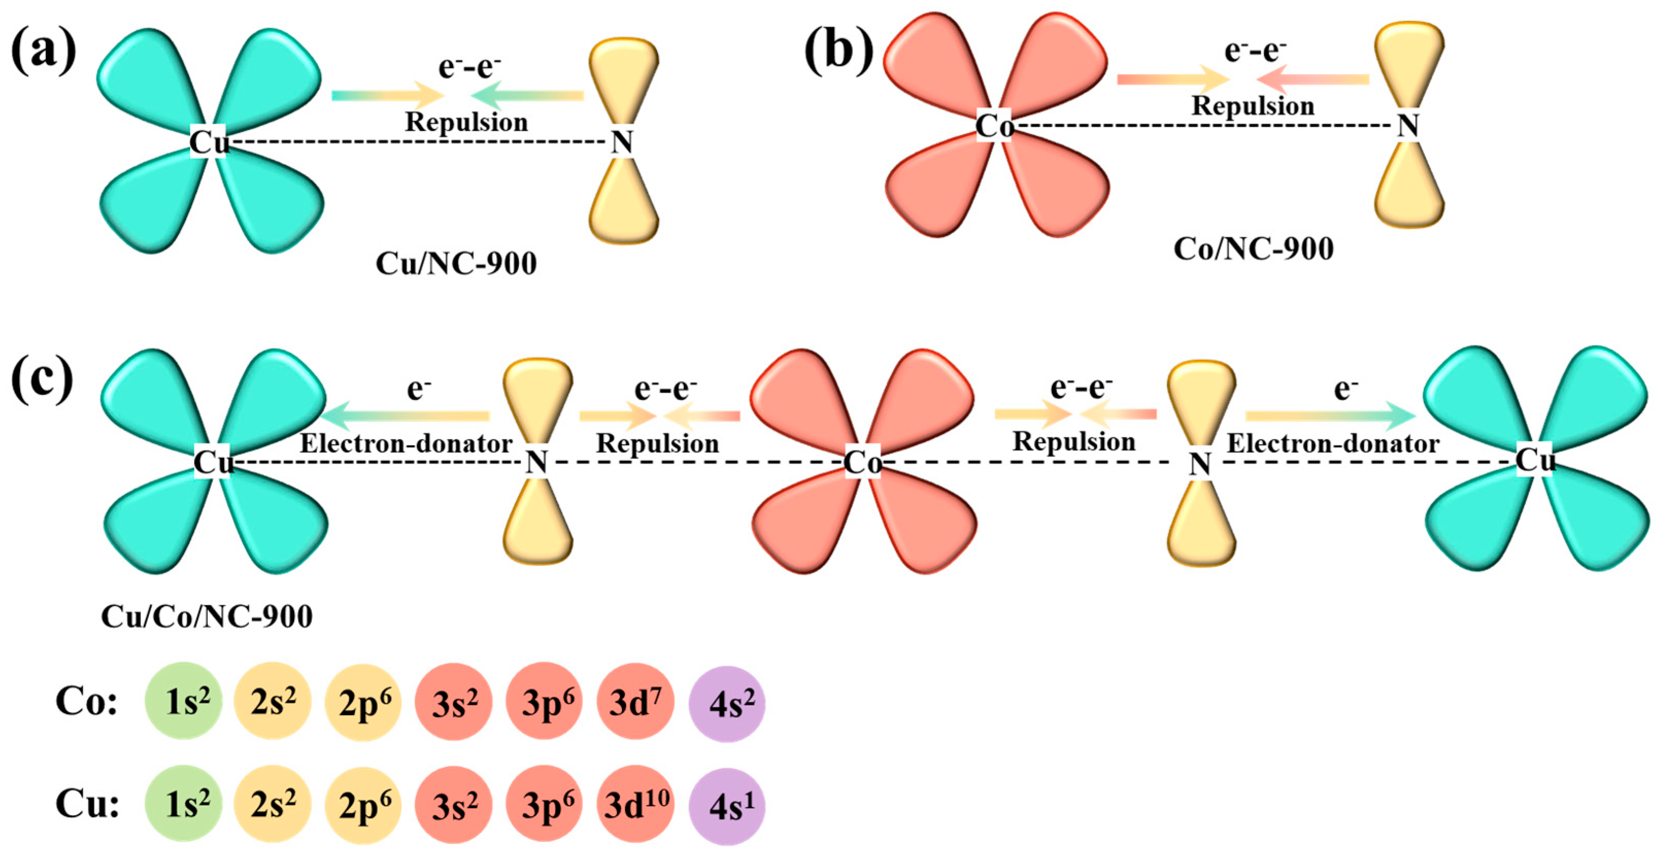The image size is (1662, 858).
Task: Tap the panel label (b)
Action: pos(838,50)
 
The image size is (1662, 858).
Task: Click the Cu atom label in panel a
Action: pos(209,143)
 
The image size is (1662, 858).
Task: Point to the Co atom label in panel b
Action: pos(994,127)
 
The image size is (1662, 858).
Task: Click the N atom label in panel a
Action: pos(622,143)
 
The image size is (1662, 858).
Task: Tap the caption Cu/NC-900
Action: pos(456,264)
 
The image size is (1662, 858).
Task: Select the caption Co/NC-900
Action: pos(1253,249)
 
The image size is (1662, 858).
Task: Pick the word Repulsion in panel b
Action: pos(1252,106)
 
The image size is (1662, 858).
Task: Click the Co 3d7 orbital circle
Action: pos(636,702)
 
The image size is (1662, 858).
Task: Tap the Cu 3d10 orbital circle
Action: pos(636,804)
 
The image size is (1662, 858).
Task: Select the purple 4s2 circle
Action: pos(727,703)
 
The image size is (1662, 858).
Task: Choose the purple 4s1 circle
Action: pos(727,806)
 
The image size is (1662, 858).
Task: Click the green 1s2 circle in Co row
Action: pos(184,701)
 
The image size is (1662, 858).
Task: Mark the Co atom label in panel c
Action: pos(862,462)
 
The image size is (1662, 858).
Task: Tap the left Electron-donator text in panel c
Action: pos(406,444)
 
